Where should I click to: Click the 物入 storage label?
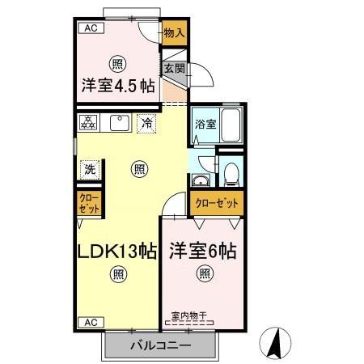point(174,33)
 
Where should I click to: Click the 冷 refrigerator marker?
point(147,124)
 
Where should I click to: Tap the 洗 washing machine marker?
point(89,170)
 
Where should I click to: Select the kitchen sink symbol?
point(118,124)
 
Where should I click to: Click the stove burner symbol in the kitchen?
point(88,124)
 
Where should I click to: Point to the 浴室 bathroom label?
point(205,125)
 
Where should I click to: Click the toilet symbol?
point(231,173)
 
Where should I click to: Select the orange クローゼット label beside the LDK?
point(89,201)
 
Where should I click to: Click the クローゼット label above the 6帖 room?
point(217,202)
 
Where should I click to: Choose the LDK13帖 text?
point(117,252)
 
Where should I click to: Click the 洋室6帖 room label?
point(202,252)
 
